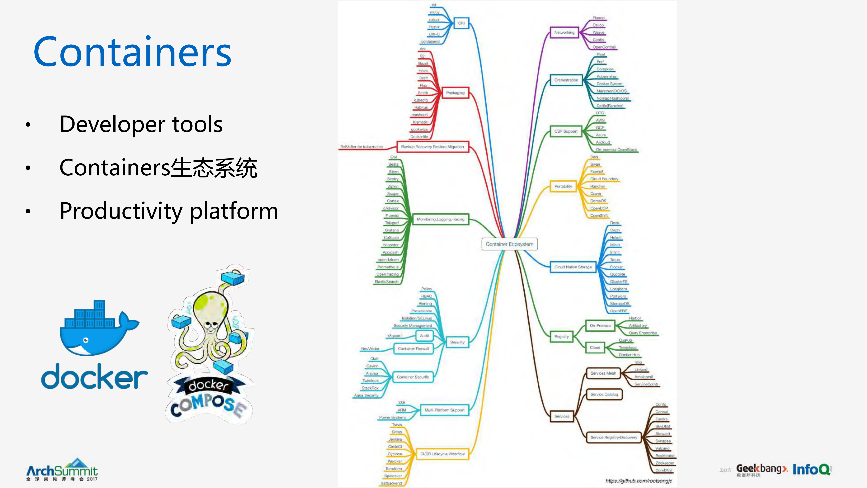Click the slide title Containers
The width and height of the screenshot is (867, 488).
tap(132, 52)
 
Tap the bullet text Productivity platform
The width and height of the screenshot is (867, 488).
tap(169, 211)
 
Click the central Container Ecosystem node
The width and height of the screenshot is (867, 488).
tap(509, 244)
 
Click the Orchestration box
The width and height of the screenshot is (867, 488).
tap(566, 80)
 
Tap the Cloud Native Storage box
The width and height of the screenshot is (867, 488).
tap(573, 267)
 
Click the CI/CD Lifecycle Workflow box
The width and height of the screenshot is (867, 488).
tap(442, 454)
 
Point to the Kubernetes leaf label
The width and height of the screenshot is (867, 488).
tap(607, 76)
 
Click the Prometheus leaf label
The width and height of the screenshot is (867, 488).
tap(388, 267)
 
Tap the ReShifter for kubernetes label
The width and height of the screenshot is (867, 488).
tap(361, 147)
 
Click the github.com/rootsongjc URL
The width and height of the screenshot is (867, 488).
tap(639, 481)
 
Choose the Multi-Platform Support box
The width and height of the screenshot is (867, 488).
tap(444, 410)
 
